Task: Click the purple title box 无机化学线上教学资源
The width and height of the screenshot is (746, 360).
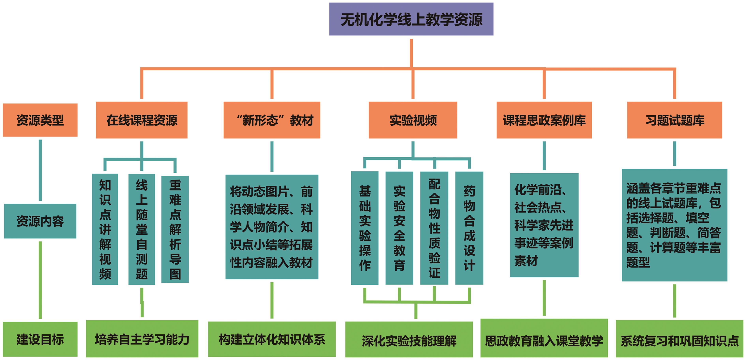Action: point(411,19)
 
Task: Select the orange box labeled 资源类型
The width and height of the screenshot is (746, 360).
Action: point(40,120)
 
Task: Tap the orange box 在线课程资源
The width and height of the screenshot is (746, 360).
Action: point(142,120)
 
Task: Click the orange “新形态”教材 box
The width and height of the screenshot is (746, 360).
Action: point(272,120)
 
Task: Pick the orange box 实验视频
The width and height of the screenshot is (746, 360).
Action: point(413,120)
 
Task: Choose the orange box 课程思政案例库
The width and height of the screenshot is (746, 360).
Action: point(544,120)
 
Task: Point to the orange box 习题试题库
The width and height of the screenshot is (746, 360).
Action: point(675,120)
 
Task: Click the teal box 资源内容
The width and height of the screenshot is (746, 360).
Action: point(40,221)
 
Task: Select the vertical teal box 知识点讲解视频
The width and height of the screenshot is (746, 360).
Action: point(105,229)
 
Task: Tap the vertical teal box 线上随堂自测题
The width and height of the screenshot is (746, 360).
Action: point(142,229)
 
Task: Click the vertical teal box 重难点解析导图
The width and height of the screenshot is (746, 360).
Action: point(175,229)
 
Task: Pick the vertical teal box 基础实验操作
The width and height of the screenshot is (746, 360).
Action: point(365,228)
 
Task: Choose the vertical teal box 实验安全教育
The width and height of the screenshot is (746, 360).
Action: point(399,228)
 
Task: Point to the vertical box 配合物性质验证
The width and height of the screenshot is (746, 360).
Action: point(434,228)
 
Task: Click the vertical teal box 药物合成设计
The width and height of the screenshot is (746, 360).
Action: point(469,228)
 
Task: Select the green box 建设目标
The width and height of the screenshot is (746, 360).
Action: point(40,339)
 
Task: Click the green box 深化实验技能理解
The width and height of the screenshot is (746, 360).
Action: point(409,339)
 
